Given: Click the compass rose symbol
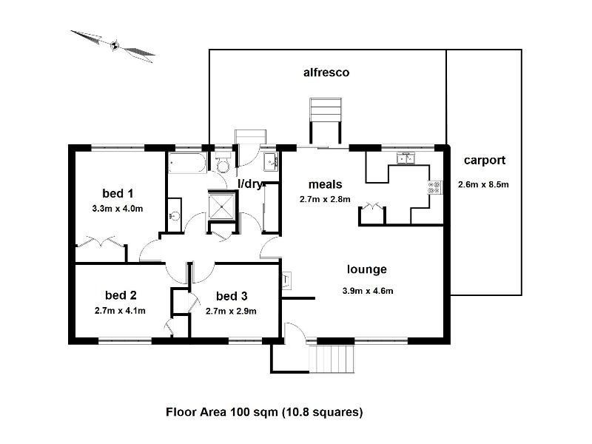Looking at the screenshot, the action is [x=113, y=46].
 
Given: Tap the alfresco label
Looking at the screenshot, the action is [x=326, y=73].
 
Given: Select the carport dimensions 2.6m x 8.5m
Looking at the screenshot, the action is [x=483, y=184].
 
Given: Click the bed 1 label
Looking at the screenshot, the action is [x=118, y=193].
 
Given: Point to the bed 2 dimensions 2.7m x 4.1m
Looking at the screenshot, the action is [x=120, y=311].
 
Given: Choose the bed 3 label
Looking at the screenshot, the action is [x=232, y=296].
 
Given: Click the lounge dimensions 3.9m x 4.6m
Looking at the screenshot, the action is [x=368, y=291].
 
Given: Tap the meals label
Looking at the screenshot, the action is [x=325, y=184].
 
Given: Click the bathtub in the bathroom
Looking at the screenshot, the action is [x=187, y=163].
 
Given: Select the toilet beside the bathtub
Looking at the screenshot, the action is [x=223, y=162].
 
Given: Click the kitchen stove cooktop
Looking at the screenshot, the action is [x=434, y=188].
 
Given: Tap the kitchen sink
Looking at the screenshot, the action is [x=406, y=158].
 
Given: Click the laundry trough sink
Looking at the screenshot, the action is [x=270, y=163].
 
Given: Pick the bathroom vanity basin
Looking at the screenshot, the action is [x=175, y=215].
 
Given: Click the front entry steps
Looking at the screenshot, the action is [x=332, y=359].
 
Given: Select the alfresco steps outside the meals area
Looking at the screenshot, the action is [x=326, y=110].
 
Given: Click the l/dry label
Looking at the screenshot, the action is [x=249, y=184].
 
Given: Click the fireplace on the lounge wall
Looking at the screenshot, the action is [x=286, y=280].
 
